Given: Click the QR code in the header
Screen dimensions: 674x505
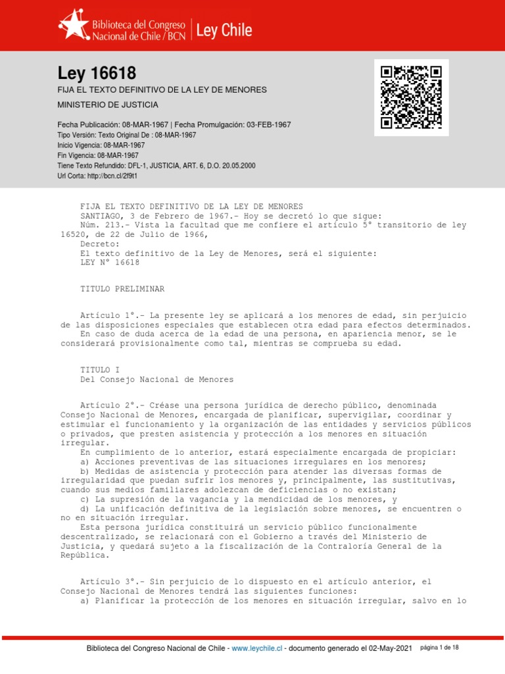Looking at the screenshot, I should pos(412,97).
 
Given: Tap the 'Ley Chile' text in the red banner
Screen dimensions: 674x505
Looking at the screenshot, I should pos(224,30).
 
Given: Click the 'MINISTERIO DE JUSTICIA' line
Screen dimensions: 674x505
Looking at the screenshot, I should pos(108,105).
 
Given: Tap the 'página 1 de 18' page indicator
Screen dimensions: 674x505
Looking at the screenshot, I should pos(439,648).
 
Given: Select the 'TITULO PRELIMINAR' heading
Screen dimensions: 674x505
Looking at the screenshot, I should pos(122,289).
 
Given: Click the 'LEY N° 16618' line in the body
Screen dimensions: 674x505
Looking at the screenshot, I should pos(110,262).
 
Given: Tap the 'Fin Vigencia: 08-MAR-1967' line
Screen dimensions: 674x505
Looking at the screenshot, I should pos(101,155).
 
